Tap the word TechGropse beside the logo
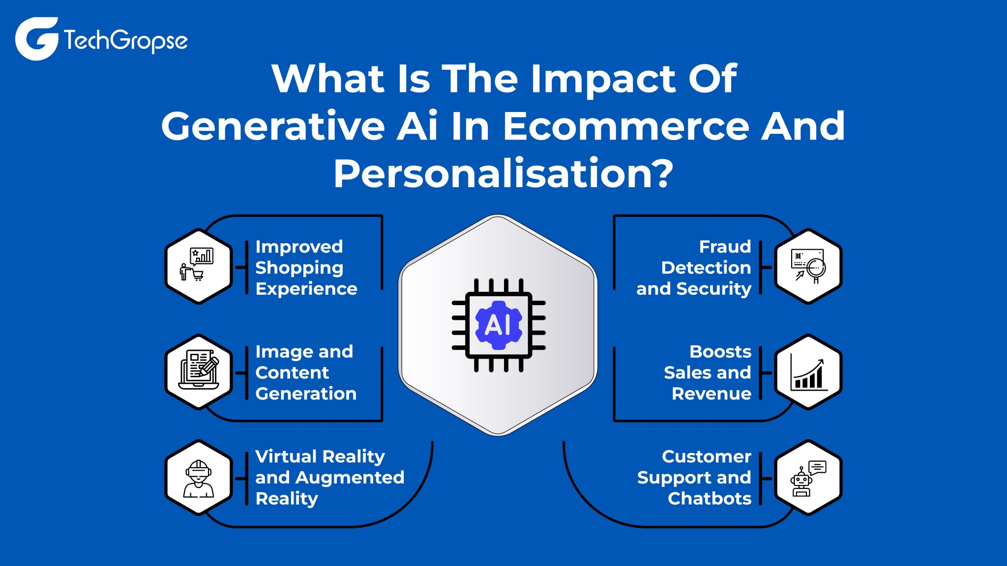pos(125,40)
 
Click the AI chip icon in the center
pos(499,325)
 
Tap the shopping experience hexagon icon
pos(199,266)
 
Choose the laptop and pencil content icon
pos(199,372)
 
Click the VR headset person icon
pos(199,478)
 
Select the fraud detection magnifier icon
pos(808,266)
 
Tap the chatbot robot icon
pos(808,478)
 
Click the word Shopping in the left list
pos(299,268)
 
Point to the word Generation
pos(306,394)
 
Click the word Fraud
pos(725,247)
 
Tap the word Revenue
pos(711,394)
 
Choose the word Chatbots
pos(709,499)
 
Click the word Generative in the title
pos(273,126)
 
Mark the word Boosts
pos(720,352)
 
